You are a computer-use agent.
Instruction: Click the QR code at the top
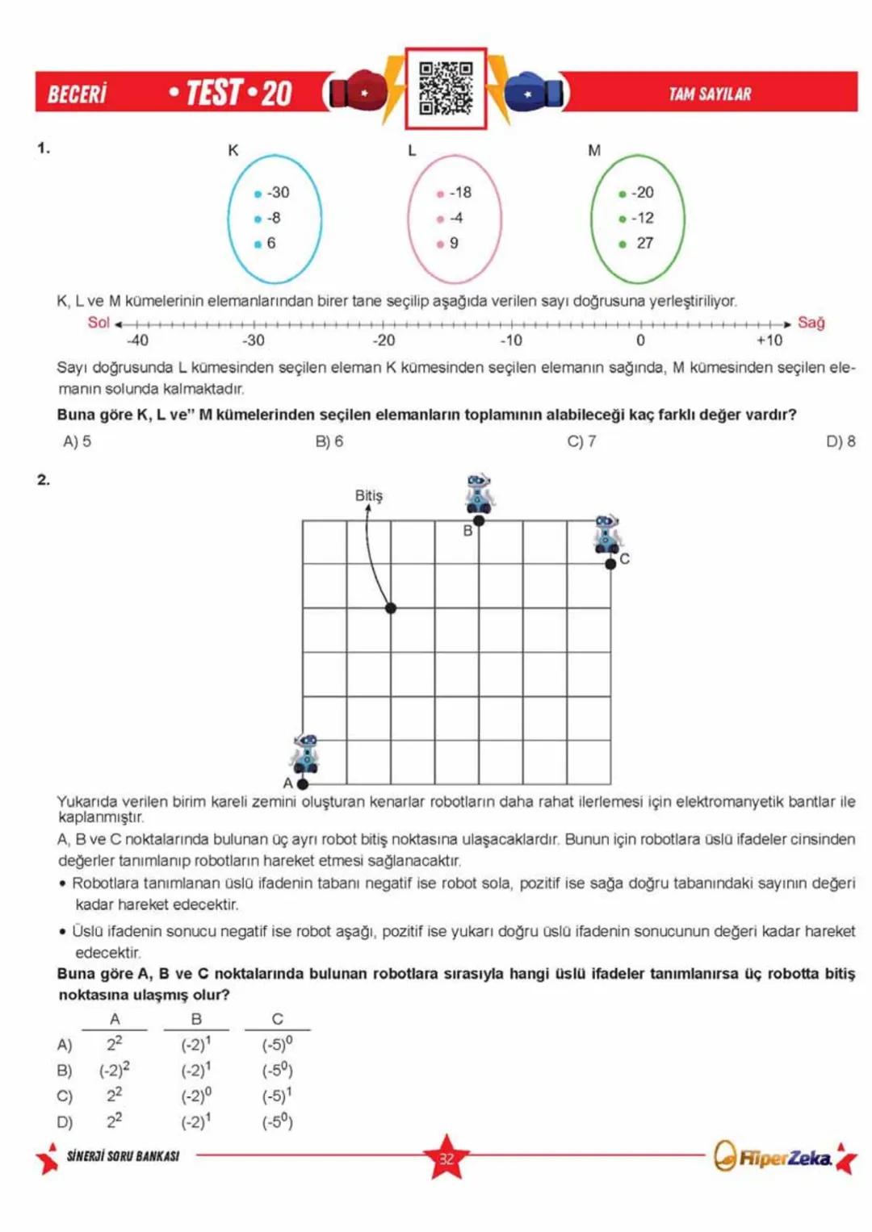point(446,88)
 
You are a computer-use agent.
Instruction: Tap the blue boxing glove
point(534,93)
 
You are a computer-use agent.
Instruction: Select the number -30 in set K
point(277,193)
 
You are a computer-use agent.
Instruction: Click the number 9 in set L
point(453,243)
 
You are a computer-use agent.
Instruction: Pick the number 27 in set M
point(644,243)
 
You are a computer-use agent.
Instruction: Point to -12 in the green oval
point(642,218)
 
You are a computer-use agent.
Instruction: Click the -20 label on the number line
point(384,340)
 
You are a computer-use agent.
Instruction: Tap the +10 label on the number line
point(769,340)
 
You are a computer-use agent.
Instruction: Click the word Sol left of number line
point(99,323)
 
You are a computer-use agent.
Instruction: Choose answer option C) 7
point(581,441)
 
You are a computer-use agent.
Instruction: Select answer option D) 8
point(841,441)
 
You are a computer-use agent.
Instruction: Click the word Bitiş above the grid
point(369,495)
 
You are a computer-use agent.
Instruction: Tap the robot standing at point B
point(479,493)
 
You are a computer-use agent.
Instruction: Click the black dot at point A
point(303,783)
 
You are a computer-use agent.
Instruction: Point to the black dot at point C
point(610,564)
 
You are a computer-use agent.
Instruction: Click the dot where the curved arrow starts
point(391,608)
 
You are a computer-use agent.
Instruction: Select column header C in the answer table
point(277,1019)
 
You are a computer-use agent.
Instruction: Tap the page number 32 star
point(446,1158)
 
